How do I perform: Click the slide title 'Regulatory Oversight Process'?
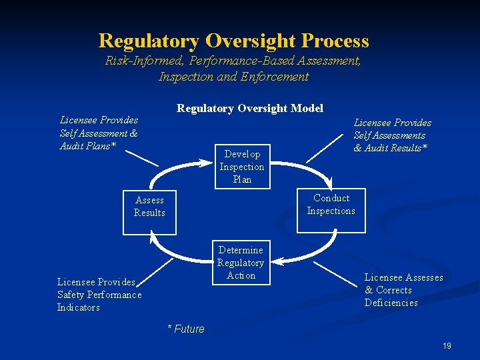point(233,41)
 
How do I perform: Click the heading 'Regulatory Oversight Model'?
point(249,108)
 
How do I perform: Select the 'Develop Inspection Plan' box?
point(242,167)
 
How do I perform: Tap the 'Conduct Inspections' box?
point(331,205)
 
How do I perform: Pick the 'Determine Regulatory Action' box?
point(241,263)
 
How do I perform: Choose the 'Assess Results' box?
point(149,207)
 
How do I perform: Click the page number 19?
point(446,345)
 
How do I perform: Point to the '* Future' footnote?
point(185,329)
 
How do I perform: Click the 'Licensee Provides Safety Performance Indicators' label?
point(99,295)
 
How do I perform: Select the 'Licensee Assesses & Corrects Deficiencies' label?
point(403,290)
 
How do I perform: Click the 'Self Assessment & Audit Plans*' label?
point(99,133)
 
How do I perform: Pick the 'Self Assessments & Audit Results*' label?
point(391,135)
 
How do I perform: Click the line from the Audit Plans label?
point(141,157)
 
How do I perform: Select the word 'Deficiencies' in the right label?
point(391,303)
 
